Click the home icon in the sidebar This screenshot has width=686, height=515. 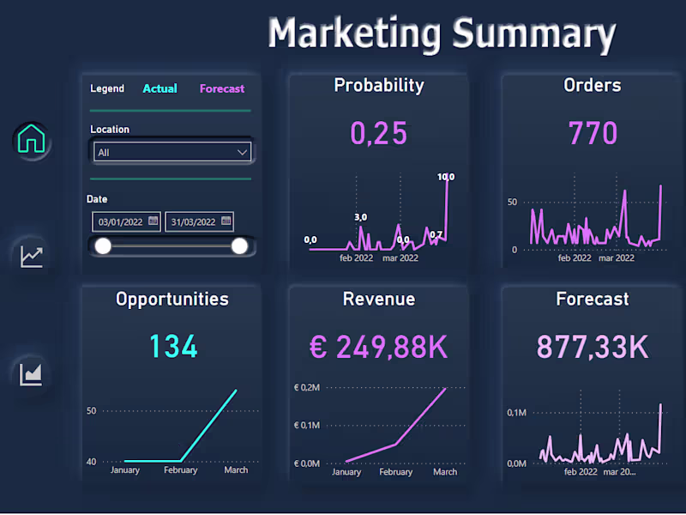pos(32,138)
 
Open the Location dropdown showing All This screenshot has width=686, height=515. pos(172,152)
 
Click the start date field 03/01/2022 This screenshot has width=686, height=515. pos(126,221)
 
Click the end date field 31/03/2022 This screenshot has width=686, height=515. pos(199,221)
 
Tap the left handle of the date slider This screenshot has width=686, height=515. pos(103,246)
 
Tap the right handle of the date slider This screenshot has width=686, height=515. pos(239,246)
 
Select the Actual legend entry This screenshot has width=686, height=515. pos(159,88)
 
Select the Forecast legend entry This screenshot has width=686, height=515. pos(222,88)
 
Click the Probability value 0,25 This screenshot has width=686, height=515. pos(378,133)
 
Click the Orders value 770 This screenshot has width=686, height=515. pos(593,133)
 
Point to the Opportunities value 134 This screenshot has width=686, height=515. pos(172,347)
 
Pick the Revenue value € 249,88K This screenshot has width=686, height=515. pos(378,347)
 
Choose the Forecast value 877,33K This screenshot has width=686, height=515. pos(592,347)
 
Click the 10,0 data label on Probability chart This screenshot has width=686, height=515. pos(446,177)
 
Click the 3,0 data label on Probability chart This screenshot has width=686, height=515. pos(361,217)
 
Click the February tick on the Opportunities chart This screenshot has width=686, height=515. pos(180,470)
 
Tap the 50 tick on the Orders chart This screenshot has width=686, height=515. pos(513,202)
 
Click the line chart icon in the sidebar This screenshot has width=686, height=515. pos(32,255)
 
